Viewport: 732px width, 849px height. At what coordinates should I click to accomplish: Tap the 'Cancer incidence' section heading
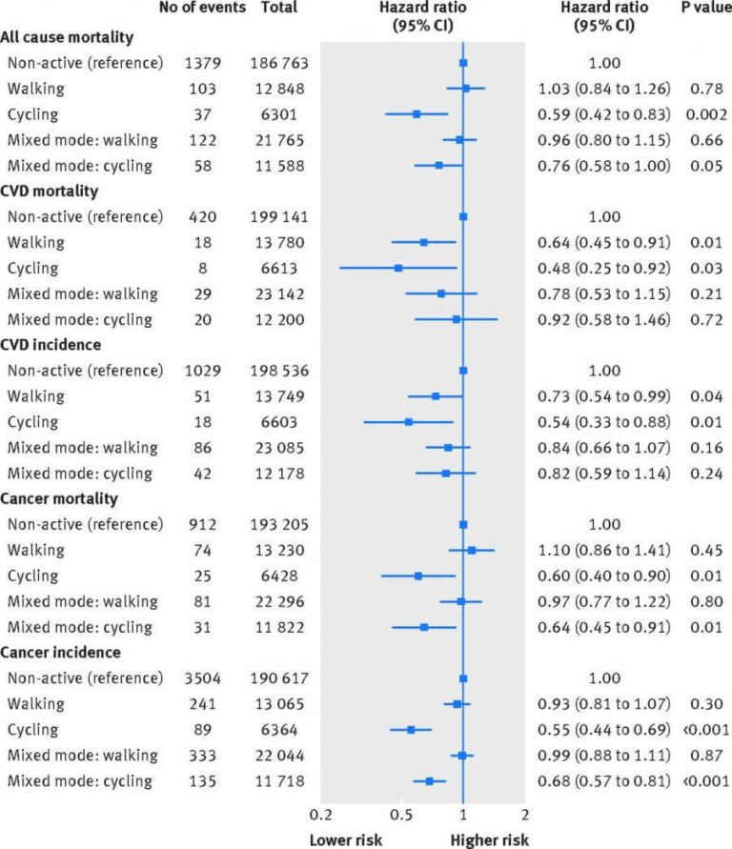(66, 653)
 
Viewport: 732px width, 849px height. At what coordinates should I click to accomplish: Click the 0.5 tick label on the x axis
(401, 815)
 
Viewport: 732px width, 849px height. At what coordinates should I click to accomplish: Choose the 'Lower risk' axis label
(345, 840)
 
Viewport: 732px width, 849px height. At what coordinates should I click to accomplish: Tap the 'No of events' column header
(201, 8)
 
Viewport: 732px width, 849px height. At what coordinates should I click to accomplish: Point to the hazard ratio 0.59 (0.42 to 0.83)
(604, 114)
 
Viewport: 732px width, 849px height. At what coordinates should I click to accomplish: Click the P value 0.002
(700, 114)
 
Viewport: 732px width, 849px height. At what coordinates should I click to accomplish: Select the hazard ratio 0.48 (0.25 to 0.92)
(604, 268)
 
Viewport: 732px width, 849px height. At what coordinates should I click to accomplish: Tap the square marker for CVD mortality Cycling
(398, 268)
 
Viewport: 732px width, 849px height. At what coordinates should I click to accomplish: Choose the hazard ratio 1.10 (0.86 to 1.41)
(604, 550)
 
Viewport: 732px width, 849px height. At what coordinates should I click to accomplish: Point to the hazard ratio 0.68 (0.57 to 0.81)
(604, 781)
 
